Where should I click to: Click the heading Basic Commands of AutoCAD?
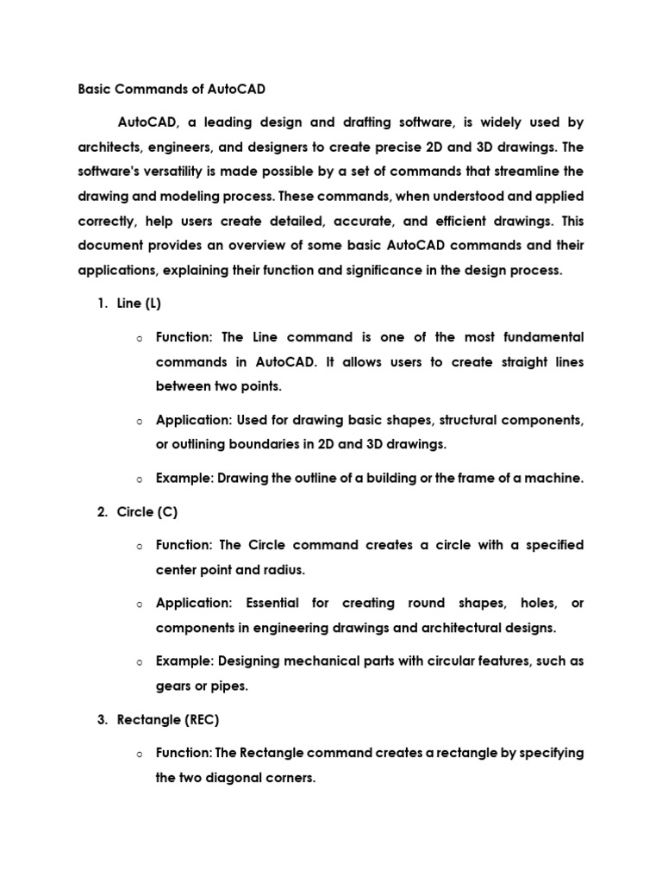coord(172,89)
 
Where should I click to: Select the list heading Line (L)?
coord(139,304)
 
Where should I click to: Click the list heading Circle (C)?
coord(147,511)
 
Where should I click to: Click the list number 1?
coord(101,304)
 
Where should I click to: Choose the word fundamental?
coord(538,336)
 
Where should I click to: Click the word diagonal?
coord(246,778)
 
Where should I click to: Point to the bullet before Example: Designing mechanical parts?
coord(138,662)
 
